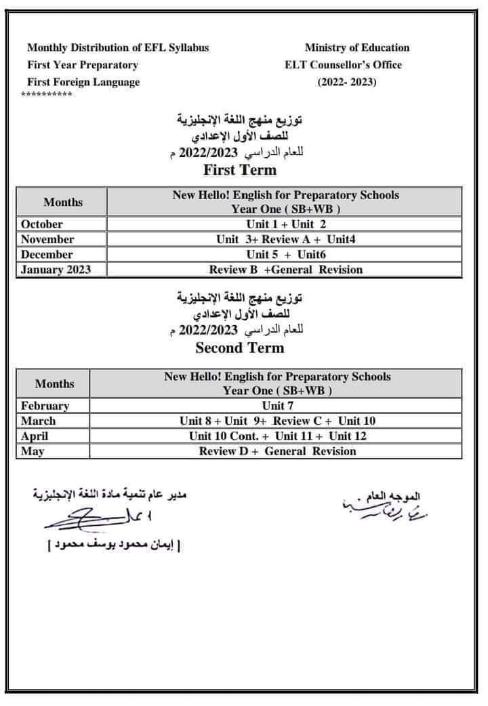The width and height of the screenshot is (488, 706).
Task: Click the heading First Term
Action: (x=239, y=169)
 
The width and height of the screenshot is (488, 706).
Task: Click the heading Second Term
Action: (x=239, y=348)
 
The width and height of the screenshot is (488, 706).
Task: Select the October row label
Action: (x=42, y=224)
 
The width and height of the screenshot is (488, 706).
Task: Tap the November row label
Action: (x=47, y=239)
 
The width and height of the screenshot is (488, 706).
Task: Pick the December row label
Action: (x=47, y=255)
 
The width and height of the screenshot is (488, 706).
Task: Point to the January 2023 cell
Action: (x=56, y=270)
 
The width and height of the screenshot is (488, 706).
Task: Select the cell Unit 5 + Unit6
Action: (x=285, y=255)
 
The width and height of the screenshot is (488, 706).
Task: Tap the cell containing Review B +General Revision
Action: (x=285, y=270)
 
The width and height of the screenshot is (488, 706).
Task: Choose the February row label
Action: (x=45, y=406)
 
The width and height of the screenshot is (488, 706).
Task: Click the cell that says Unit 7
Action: (x=277, y=406)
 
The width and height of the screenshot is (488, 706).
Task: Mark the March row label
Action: (x=39, y=421)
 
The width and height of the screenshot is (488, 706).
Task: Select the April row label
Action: (x=35, y=436)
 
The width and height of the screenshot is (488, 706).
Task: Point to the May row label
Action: (x=32, y=451)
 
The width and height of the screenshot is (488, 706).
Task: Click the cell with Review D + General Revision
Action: (x=277, y=451)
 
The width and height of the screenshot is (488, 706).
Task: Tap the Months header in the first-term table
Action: (x=63, y=202)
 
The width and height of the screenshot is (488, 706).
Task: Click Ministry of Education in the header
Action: (x=357, y=47)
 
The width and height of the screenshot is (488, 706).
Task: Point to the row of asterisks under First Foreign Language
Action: (x=47, y=94)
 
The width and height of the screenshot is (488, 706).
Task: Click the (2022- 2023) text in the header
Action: (x=347, y=83)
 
